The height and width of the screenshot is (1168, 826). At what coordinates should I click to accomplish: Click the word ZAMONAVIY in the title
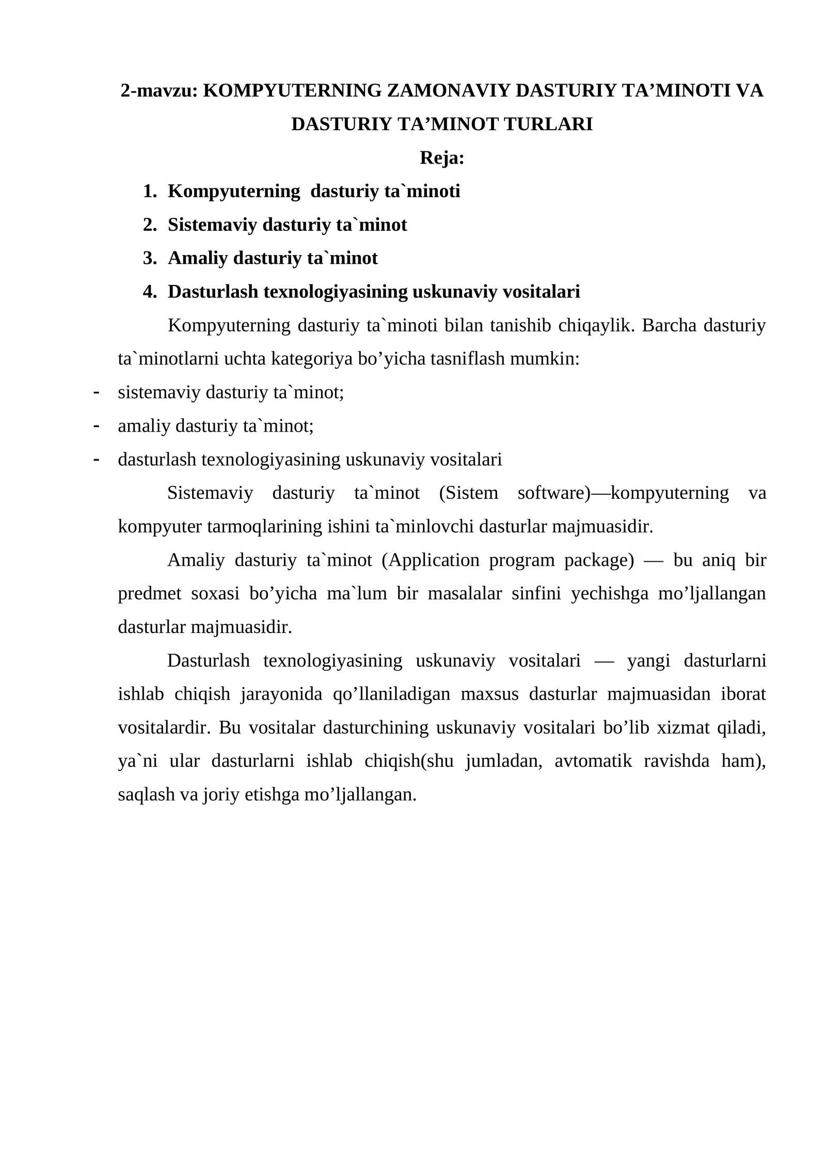[x=448, y=91]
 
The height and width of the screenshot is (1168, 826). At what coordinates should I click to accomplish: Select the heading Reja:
[x=442, y=158]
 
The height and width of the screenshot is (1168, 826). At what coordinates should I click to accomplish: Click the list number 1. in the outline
[x=150, y=192]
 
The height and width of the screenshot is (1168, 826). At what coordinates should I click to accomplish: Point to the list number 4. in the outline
[x=150, y=292]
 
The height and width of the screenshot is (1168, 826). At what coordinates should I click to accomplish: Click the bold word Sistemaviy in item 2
[x=212, y=225]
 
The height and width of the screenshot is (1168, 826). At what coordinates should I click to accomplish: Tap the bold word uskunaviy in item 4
[x=455, y=292]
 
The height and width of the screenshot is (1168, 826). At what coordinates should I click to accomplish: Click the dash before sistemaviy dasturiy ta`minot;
[x=96, y=392]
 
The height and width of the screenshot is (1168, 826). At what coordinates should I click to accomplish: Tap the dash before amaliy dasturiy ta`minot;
[x=96, y=426]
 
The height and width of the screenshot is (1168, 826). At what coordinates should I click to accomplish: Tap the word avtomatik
[x=593, y=762]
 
